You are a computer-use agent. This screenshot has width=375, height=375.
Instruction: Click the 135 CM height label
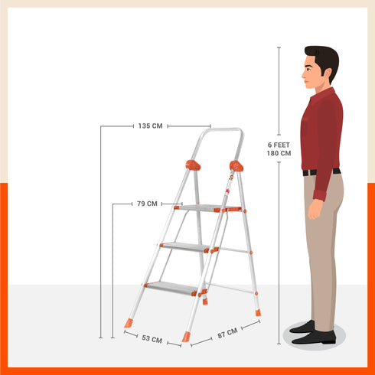150,126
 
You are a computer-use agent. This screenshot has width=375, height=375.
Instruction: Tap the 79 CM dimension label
147,204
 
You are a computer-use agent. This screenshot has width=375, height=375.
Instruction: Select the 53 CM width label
151,337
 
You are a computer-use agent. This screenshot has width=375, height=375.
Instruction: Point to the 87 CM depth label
227,333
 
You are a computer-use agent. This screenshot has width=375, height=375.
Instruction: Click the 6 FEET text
279,144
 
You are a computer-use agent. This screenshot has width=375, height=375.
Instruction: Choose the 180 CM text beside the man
279,153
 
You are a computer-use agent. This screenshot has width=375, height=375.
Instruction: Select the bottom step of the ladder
172,287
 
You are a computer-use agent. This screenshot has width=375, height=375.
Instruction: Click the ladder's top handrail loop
218,131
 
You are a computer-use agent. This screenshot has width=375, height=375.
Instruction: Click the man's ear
322,70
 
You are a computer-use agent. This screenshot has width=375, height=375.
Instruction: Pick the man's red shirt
321,130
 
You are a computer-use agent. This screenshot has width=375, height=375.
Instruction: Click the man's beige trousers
323,245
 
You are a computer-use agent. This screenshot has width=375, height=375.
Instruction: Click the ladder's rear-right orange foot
257,311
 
